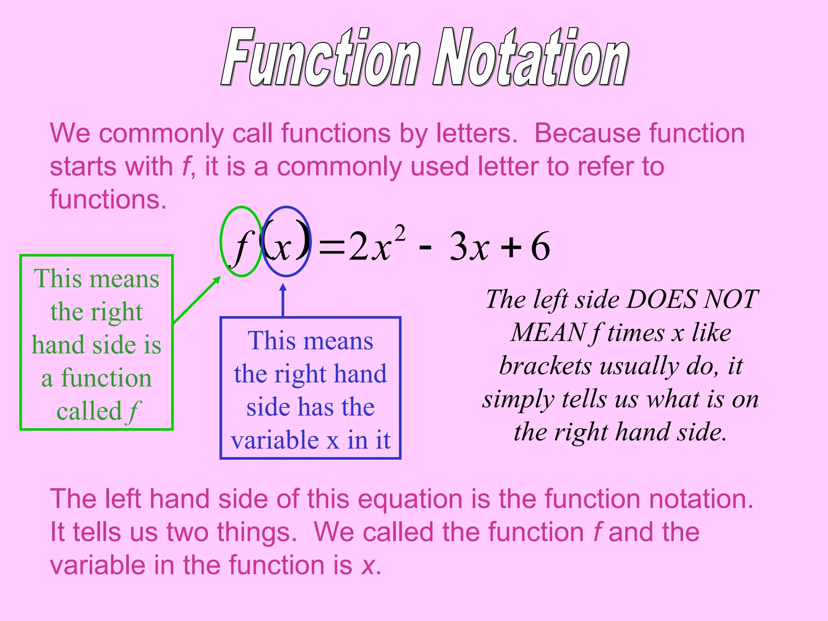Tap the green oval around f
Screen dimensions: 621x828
point(222,243)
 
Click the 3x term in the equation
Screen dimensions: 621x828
point(469,247)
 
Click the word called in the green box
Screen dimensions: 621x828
point(89,412)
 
